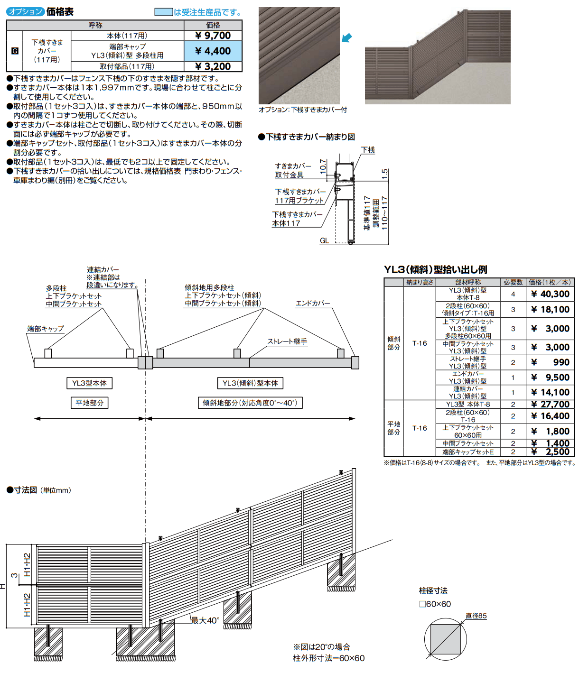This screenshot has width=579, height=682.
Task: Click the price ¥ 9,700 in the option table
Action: pos(213,36)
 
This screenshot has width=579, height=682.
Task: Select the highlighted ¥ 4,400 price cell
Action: pos(213,51)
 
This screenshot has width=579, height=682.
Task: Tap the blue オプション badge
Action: pos(26,12)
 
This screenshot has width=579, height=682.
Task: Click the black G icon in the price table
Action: pos(15,51)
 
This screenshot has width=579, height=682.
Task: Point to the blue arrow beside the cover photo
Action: pos(347,37)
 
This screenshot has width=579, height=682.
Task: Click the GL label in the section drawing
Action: pos(324,241)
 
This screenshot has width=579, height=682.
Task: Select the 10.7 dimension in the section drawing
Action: pos(323,166)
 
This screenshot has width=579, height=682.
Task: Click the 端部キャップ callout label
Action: pos(45,328)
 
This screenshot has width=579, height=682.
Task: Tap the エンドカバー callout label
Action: pos(312,303)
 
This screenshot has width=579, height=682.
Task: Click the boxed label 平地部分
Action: pos(89,403)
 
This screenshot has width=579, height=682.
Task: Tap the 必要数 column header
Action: pos(513,282)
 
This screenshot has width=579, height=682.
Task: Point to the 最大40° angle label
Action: pos(205,620)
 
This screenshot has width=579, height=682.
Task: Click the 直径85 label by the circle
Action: pos(476,616)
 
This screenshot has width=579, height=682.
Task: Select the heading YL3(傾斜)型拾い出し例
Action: pos(435,269)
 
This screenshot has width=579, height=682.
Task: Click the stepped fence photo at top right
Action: pos(437,57)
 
